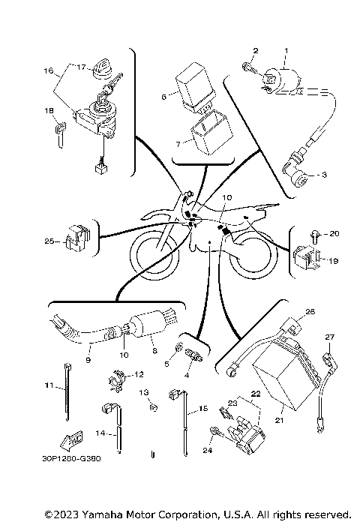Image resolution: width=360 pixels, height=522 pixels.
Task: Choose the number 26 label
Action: (x=310, y=311)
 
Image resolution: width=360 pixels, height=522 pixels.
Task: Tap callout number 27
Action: (x=327, y=337)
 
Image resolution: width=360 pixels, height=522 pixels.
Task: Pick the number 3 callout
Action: (x=325, y=175)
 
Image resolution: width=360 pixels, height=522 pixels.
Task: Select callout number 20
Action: (x=334, y=233)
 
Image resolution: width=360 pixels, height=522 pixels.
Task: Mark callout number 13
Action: (x=145, y=391)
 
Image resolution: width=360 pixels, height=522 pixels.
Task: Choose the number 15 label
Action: (x=202, y=409)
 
